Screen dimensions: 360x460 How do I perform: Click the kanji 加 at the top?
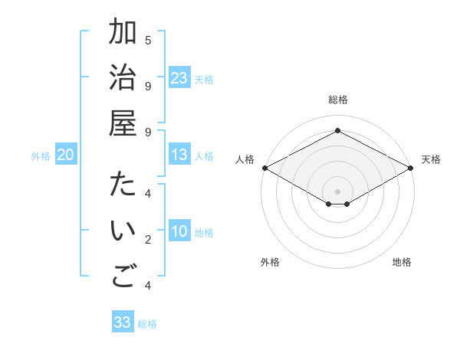(123, 34)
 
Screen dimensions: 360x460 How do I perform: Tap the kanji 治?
(123, 80)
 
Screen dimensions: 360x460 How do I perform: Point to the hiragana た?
(123, 186)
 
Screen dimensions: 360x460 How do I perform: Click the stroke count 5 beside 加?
(148, 40)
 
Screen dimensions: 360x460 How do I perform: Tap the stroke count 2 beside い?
(148, 241)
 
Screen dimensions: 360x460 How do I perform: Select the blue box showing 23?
(179, 78)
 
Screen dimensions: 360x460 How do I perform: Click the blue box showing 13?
(179, 155)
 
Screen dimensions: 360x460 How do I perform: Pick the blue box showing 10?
(179, 232)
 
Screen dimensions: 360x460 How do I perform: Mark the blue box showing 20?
(66, 155)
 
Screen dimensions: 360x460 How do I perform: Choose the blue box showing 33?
(123, 322)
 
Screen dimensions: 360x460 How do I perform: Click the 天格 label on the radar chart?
(431, 159)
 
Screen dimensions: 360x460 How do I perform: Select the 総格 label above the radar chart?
(338, 100)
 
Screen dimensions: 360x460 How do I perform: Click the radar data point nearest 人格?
(264, 168)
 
